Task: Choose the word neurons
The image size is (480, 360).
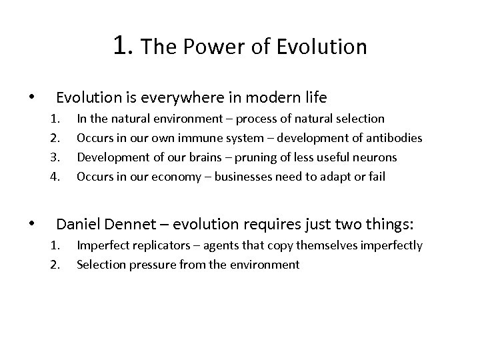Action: pos(375,157)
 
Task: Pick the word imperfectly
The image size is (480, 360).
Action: pos(389,245)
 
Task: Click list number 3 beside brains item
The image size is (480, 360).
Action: pos(55,157)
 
